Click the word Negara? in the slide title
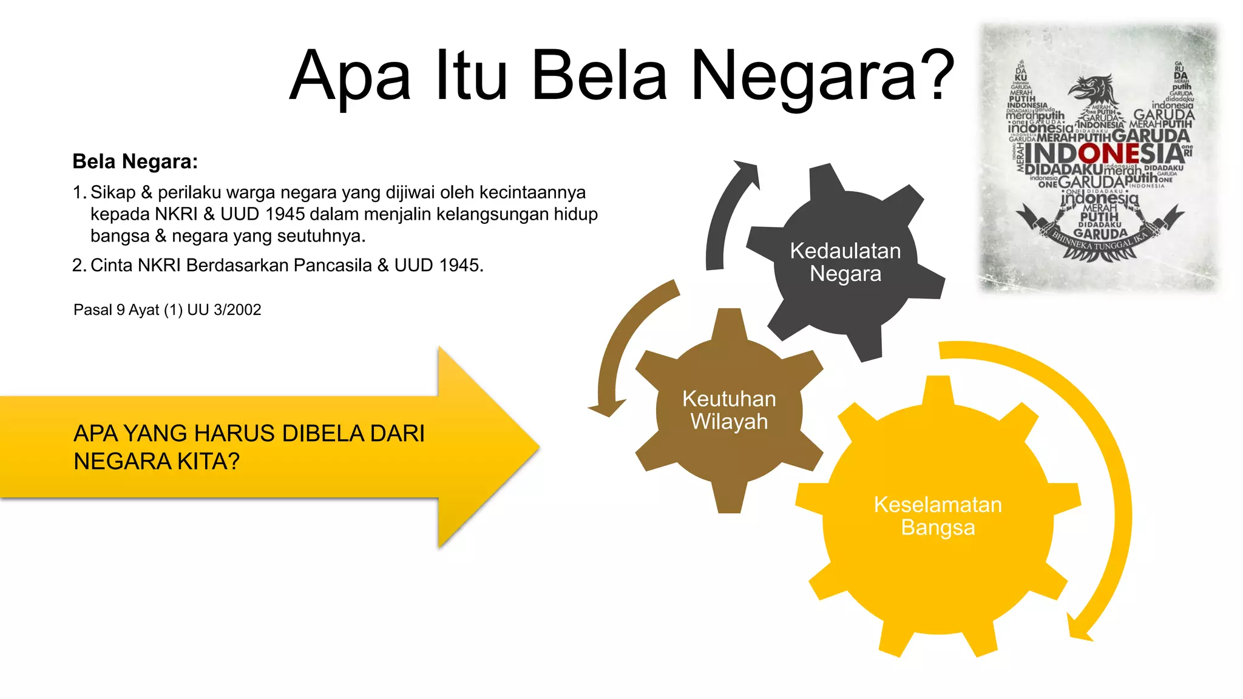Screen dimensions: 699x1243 coord(822,76)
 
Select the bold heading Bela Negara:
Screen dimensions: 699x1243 coord(135,161)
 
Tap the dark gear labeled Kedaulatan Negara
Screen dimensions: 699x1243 coord(845,262)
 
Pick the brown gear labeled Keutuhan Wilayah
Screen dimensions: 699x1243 coord(729,410)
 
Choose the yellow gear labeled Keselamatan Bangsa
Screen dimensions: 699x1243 coord(938,516)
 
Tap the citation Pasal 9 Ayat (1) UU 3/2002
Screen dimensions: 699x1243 coord(167,310)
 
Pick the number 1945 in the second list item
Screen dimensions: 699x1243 coord(459,265)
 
